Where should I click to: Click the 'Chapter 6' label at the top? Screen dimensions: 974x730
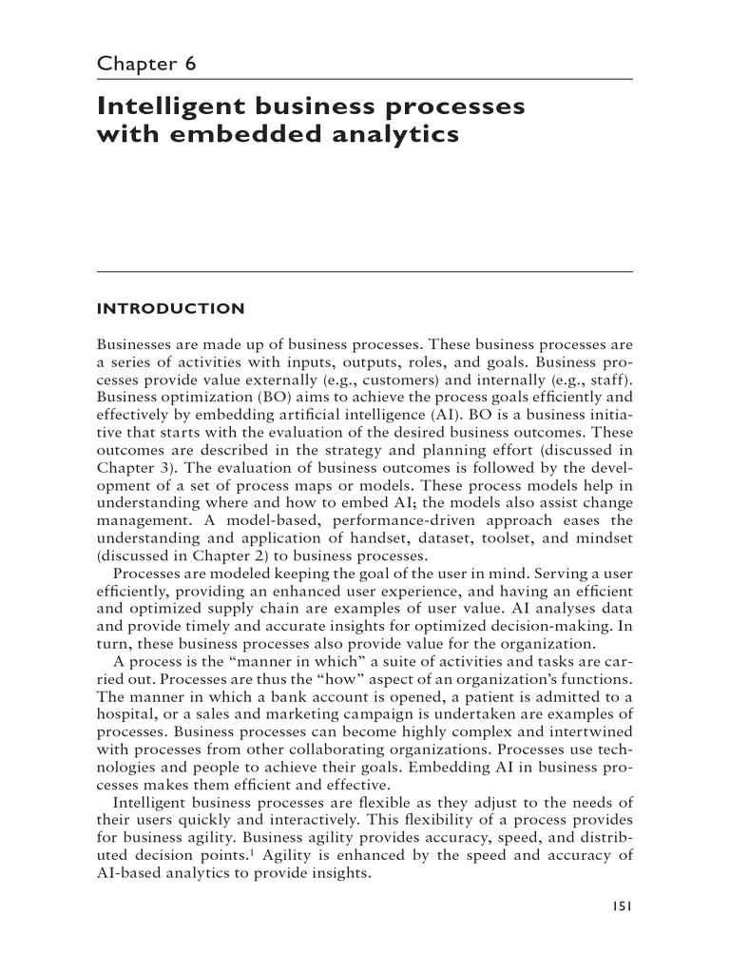tap(147, 65)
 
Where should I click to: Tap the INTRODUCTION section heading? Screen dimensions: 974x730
tap(171, 308)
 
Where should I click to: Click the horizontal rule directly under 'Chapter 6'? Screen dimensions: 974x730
tap(365, 79)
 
